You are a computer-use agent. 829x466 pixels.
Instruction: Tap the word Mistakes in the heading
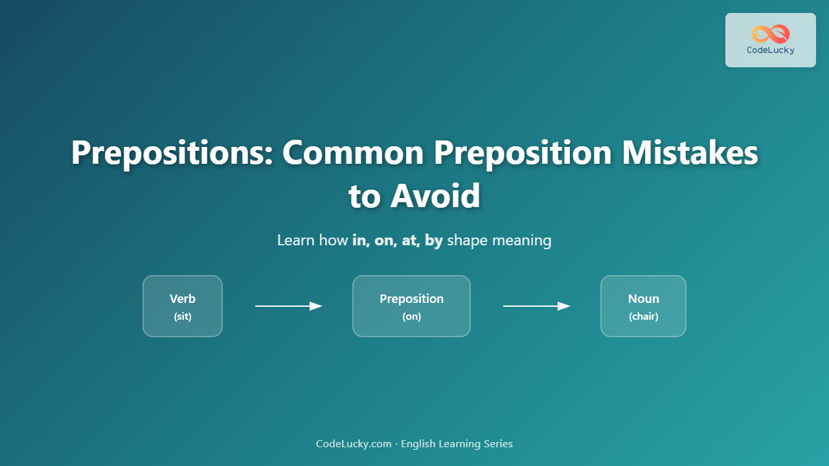[690, 152]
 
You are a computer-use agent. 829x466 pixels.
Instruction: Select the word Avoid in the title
[435, 195]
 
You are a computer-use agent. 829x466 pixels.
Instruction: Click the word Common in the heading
[353, 153]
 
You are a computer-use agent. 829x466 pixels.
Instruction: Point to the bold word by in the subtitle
[434, 241]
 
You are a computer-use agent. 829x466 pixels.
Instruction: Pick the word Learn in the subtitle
[296, 240]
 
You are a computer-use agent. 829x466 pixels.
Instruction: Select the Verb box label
[183, 298]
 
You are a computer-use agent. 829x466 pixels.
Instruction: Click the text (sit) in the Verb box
[183, 316]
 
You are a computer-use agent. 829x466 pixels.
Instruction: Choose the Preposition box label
[411, 299]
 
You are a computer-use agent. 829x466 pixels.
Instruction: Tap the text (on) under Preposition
[411, 316]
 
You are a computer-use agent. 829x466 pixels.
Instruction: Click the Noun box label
[643, 298]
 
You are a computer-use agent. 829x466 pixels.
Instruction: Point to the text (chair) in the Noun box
[643, 316]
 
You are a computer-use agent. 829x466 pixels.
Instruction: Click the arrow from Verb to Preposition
[288, 306]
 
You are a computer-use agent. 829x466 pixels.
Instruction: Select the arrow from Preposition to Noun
[536, 306]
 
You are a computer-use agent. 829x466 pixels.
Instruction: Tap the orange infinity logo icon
[771, 34]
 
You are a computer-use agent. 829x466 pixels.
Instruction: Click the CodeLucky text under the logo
[771, 50]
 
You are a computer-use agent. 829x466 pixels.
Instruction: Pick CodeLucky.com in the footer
[354, 444]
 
